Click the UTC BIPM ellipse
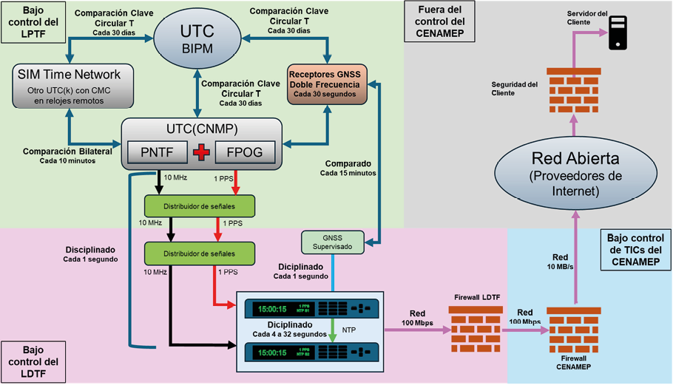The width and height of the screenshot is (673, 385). click(197, 37)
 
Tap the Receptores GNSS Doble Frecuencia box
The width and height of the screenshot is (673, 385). click(325, 85)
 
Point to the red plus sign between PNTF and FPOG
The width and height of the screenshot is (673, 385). click(200, 154)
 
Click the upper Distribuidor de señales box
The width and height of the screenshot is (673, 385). click(200, 205)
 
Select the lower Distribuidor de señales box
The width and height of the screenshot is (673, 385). click(200, 253)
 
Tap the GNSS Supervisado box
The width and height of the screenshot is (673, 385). click(334, 242)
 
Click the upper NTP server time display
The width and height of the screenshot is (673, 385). click(276, 307)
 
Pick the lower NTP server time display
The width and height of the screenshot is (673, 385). click(276, 352)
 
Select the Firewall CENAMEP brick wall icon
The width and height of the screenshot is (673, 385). click(574, 328)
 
